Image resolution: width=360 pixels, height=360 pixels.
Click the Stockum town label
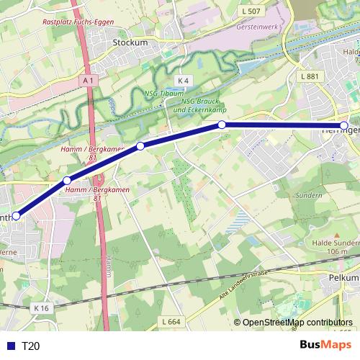[130, 42]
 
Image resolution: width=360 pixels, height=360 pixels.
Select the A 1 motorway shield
[88, 81]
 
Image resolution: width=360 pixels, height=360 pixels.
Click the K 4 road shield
[184, 80]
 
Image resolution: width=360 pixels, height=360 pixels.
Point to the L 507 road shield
[251, 11]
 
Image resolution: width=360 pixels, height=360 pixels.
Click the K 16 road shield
[42, 307]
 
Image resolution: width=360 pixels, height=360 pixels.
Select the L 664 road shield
[171, 321]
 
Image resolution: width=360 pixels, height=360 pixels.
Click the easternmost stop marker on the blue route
[344, 126]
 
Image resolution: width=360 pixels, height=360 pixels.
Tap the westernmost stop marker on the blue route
[16, 215]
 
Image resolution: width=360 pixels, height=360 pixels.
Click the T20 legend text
[30, 346]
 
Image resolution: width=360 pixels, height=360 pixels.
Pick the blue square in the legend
[9, 346]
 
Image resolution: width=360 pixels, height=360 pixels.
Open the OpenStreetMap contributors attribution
[297, 323]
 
